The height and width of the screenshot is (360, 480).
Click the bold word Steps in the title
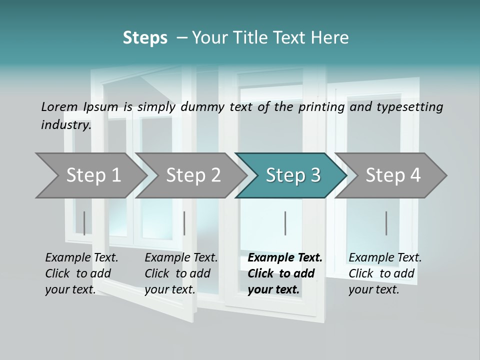[145, 38]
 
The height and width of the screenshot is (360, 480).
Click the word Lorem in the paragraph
[59, 106]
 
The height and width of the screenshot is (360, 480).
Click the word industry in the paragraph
[65, 124]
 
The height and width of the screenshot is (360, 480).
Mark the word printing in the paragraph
[319, 106]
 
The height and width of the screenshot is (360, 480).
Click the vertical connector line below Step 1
[84, 223]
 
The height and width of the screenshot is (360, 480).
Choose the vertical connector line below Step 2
[184, 223]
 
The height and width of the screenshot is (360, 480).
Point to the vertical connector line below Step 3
[285, 223]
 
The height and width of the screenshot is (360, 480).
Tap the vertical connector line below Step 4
[386, 223]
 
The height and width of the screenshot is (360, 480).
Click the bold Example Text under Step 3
[285, 257]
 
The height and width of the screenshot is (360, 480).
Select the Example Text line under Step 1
[81, 257]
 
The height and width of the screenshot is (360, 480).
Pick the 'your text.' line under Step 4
[373, 289]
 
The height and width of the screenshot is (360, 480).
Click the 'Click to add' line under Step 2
[177, 273]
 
